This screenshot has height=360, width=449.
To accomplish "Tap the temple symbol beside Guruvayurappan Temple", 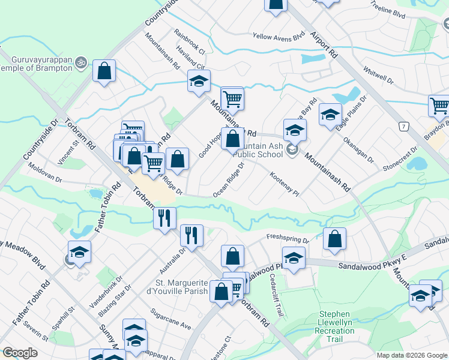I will pyautogui.click(x=82, y=62).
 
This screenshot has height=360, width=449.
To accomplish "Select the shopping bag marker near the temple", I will pyautogui.click(x=104, y=71).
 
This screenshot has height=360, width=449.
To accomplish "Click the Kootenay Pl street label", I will pyautogui.click(x=284, y=184).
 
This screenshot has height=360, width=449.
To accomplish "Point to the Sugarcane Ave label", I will pyautogui.click(x=170, y=320).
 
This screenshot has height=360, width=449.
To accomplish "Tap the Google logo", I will pyautogui.click(x=20, y=353).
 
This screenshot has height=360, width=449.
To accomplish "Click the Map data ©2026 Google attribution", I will pyautogui.click(x=411, y=355).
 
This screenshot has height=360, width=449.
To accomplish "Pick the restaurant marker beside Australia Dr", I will pyautogui.click(x=191, y=235).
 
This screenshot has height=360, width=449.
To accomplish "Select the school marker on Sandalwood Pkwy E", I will pyautogui.click(x=293, y=259).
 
